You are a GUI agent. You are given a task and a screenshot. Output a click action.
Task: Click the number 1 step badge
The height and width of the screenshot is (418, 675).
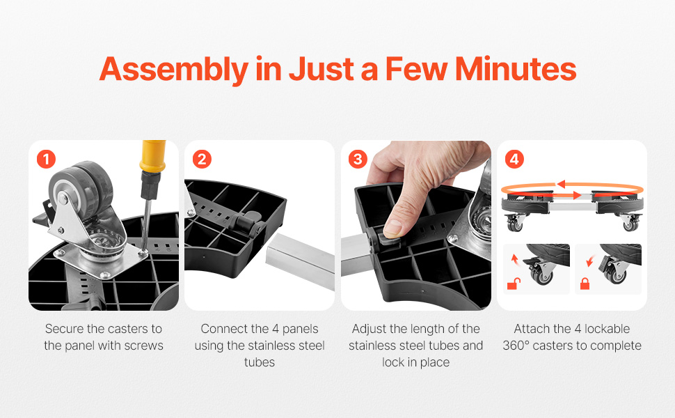click(x=46, y=159)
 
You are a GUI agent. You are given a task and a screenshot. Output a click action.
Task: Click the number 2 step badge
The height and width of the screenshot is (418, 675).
click(x=202, y=159)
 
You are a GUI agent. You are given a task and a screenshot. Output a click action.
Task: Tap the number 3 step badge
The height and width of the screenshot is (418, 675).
click(x=358, y=159)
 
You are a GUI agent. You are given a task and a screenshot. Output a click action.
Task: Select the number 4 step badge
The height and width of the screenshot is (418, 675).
click(x=514, y=159)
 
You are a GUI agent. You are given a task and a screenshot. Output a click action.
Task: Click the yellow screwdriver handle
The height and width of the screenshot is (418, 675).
click(x=152, y=156)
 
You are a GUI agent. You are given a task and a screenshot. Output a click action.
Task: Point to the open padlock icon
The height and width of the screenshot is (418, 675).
click(x=514, y=284)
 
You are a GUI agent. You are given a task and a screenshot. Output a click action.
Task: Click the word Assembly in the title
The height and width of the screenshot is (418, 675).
click(x=174, y=69)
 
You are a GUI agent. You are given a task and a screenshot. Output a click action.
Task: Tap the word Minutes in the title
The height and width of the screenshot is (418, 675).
click(x=516, y=69)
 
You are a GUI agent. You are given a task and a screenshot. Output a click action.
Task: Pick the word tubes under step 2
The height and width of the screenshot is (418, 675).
click(x=259, y=362)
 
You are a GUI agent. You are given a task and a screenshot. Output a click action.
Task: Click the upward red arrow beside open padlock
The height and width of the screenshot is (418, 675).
click(x=514, y=259)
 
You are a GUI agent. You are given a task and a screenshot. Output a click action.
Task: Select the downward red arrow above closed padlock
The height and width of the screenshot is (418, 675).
click(x=590, y=261)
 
